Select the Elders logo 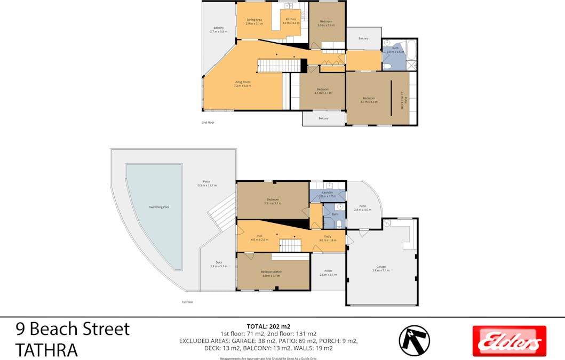tap(510, 341)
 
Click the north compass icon tap(414, 340)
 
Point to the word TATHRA tap(46, 349)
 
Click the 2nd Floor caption tap(208, 122)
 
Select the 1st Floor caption tap(187, 302)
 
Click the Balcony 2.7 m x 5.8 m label tap(219, 29)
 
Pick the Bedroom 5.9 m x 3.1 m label tap(273, 201)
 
